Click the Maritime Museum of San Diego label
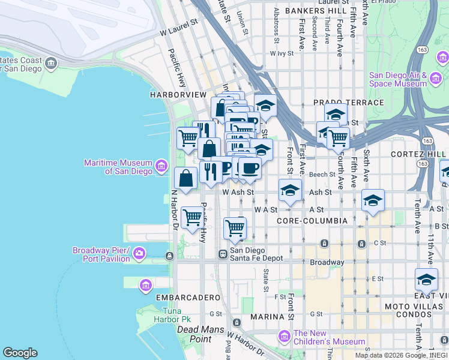pyautogui.click(x=118, y=167)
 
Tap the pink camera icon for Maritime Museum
pyautogui.click(x=161, y=165)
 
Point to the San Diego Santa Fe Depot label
pyautogui.click(x=256, y=254)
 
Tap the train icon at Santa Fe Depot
pyautogui.click(x=222, y=254)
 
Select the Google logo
pyautogui.click(x=20, y=353)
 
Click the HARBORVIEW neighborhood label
pyautogui.click(x=178, y=95)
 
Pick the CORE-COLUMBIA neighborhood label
pyautogui.click(x=312, y=221)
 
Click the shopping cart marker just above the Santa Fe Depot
pyautogui.click(x=235, y=227)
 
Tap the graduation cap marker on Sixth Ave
pyautogui.click(x=373, y=201)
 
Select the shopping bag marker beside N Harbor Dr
pyautogui.click(x=186, y=178)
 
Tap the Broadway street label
pyautogui.click(x=327, y=262)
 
